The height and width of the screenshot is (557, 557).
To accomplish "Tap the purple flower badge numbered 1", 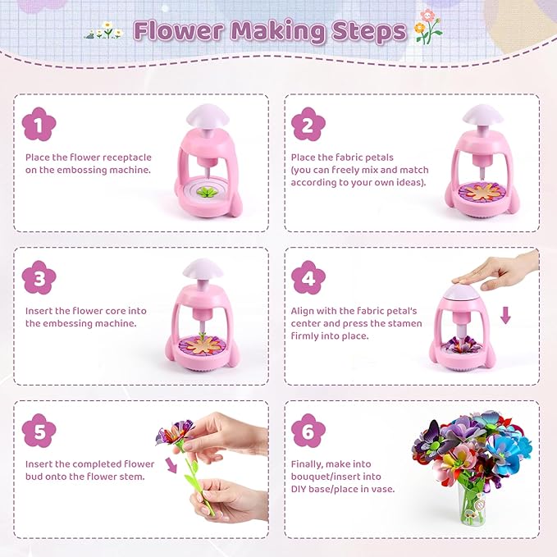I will coord(39,125).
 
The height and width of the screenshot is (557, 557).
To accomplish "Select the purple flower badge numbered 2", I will coord(308,125).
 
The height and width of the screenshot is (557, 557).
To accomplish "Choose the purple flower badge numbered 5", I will coord(39,431).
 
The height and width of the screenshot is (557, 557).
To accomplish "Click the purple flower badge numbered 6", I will coord(308,431).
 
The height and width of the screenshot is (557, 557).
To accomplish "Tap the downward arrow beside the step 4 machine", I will coord(505,314).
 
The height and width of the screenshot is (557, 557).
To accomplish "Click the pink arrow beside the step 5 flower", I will coord(171,465).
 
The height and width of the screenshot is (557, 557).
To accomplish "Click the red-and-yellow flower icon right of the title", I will coord(427,27).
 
